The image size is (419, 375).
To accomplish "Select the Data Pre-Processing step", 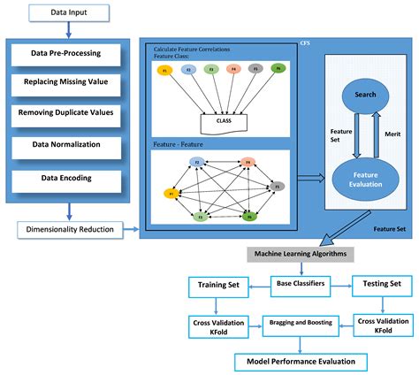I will [68, 53].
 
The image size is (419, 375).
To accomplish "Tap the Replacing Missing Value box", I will [68, 83].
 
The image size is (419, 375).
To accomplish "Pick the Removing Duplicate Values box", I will [68, 114].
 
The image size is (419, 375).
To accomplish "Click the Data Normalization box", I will [68, 145].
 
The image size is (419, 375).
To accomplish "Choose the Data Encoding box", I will [68, 176].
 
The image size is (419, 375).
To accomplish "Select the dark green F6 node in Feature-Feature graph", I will [249, 216].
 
